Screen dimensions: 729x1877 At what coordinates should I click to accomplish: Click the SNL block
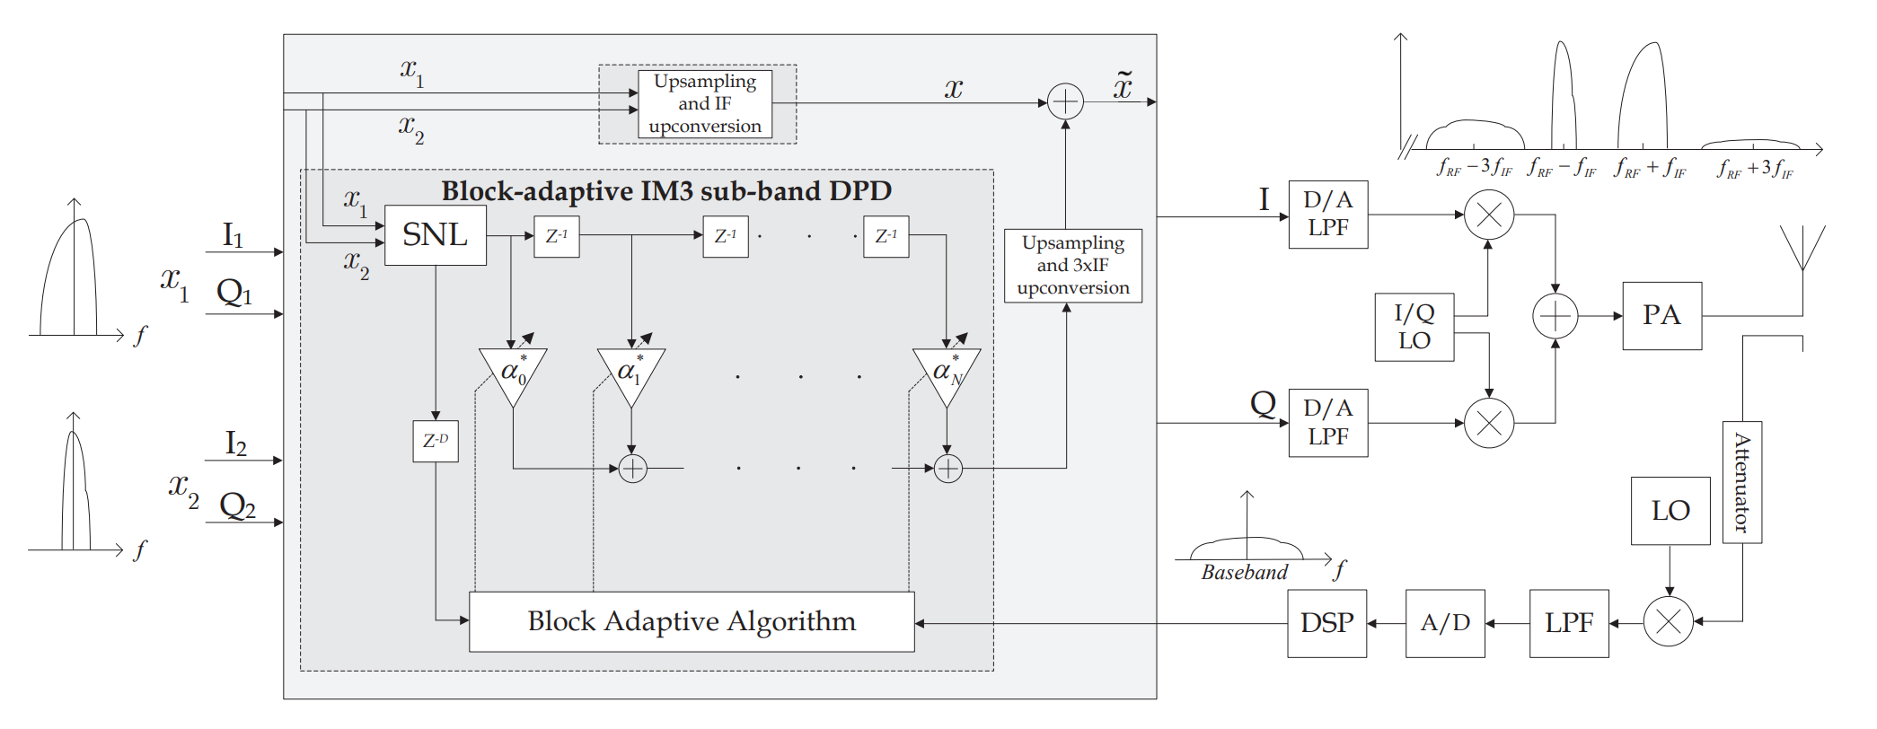pos(436,235)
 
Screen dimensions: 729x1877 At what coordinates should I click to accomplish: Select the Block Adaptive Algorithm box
pos(692,621)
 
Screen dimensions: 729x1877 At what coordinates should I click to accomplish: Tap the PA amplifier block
pos(1661,315)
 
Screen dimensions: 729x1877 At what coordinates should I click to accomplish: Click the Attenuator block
pos(1741,482)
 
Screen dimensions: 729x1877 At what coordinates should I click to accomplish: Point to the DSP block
pos(1326,623)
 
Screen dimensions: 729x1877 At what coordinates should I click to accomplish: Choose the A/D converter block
pos(1444,623)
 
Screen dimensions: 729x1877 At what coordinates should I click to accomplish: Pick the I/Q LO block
pos(1414,327)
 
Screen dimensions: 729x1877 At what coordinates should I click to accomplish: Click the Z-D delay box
pos(436,441)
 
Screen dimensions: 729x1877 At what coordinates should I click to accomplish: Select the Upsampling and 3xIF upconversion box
pos(1072,265)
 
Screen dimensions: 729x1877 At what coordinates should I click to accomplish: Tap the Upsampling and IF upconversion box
pos(705,104)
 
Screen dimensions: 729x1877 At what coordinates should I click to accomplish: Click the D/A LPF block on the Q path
pos(1327,423)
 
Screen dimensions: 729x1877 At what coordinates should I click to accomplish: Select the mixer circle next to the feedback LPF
pos(1668,621)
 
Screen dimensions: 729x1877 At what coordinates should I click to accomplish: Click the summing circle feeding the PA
pos(1555,316)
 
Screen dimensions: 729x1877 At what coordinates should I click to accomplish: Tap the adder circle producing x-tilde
pos(1065,101)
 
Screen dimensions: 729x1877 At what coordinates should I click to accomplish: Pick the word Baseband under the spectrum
pos(1244,573)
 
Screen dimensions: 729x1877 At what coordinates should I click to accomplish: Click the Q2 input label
pos(238,506)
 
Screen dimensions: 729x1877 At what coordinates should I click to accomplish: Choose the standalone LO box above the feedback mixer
pos(1670,511)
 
